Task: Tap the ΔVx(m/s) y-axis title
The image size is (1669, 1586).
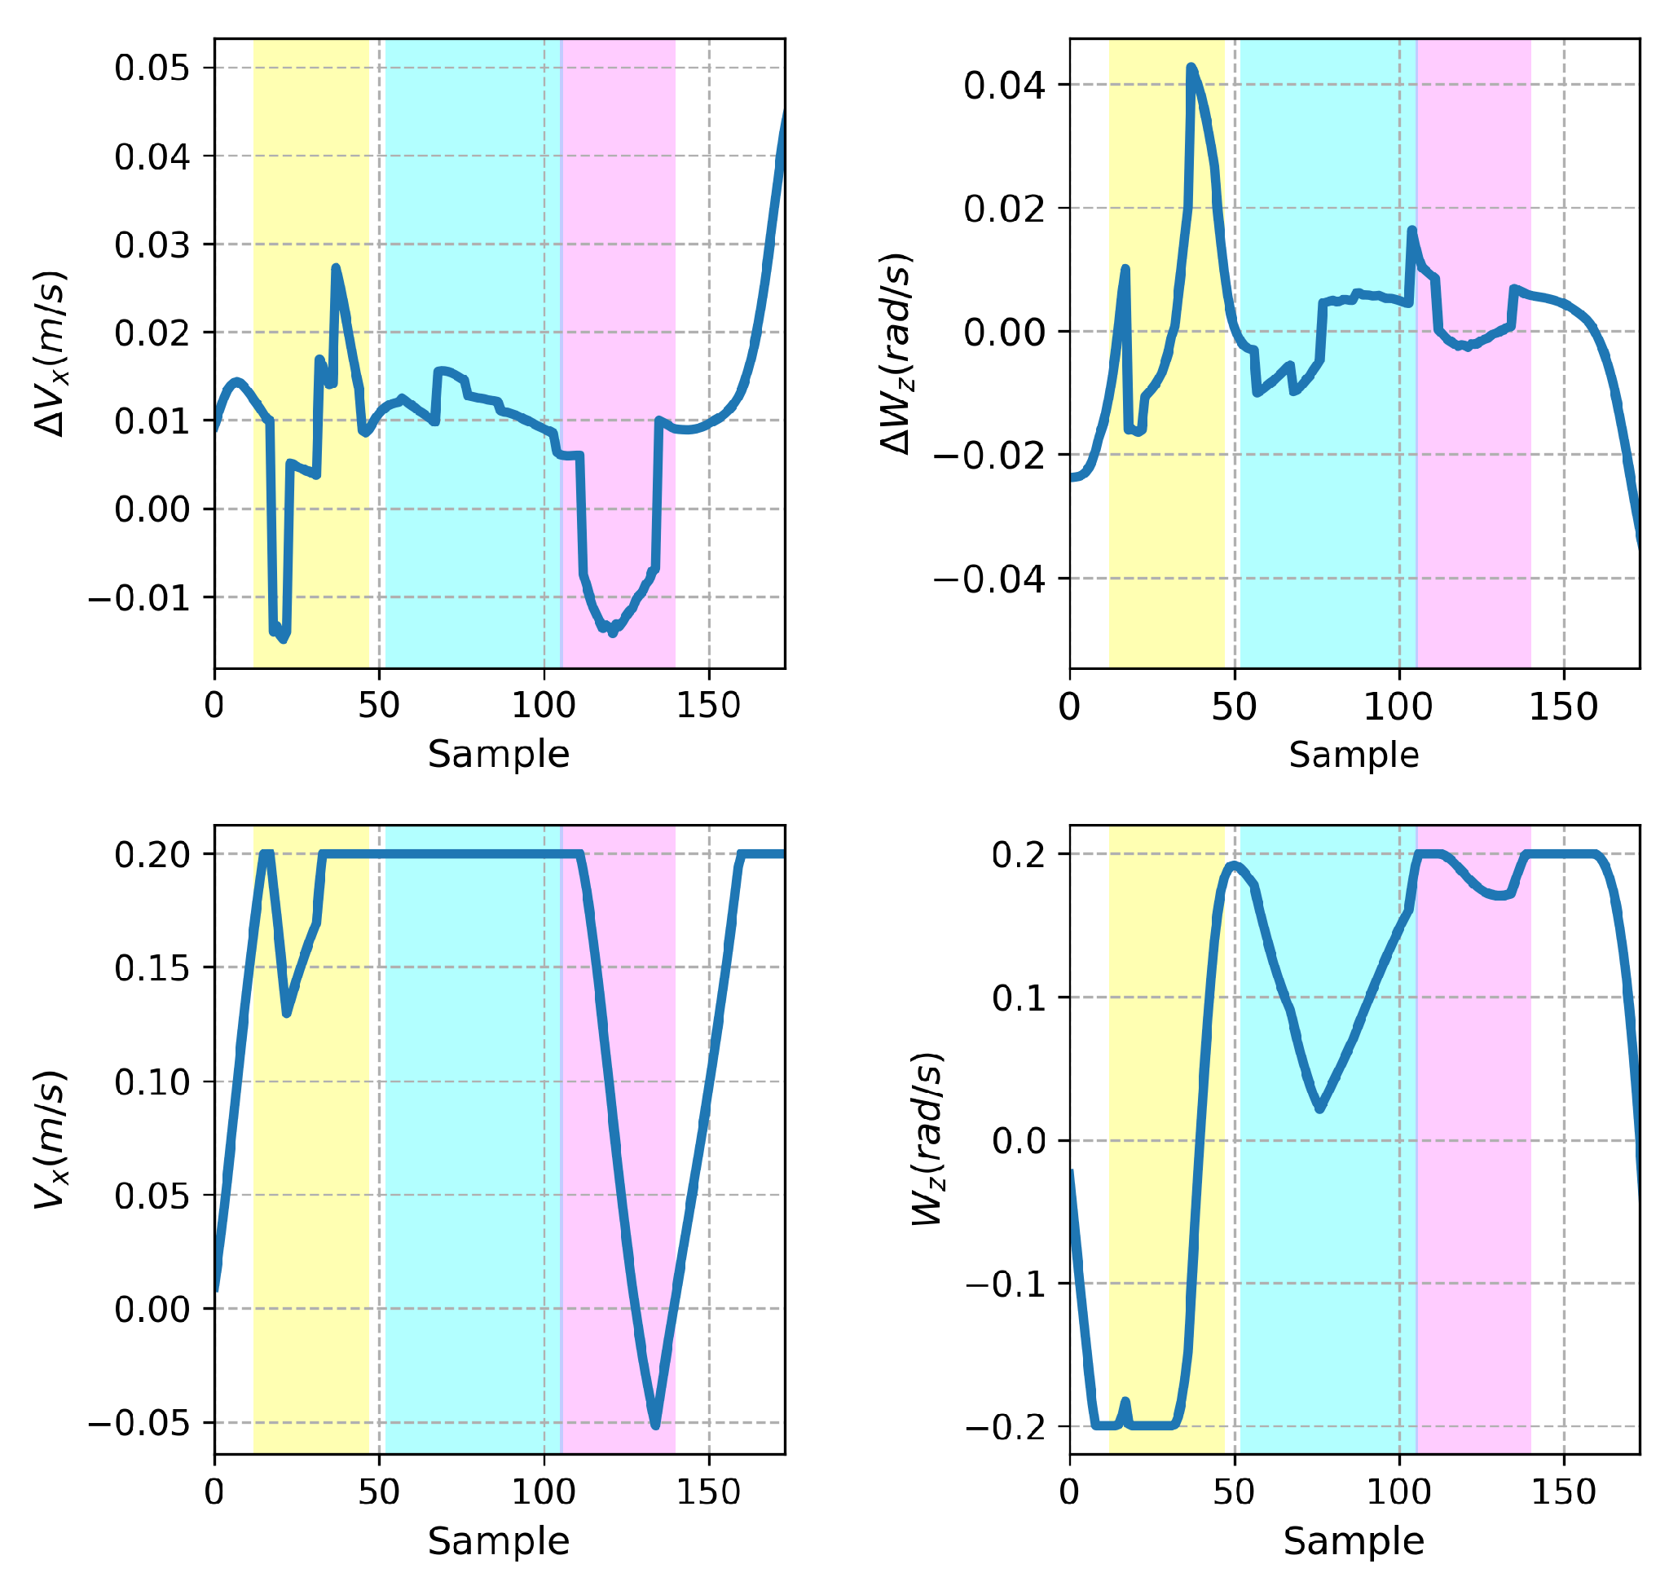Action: click(x=51, y=354)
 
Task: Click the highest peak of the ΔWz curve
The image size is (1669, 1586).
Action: click(x=1191, y=67)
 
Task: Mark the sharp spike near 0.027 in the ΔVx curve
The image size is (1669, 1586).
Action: click(x=336, y=268)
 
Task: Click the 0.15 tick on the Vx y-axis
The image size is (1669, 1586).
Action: click(x=152, y=967)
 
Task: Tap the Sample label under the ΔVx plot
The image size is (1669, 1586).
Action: click(x=499, y=754)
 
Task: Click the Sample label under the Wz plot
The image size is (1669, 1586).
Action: click(x=1354, y=1541)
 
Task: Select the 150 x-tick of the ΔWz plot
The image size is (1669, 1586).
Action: click(x=1563, y=707)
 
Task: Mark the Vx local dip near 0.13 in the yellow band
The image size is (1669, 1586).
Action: click(x=288, y=1012)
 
